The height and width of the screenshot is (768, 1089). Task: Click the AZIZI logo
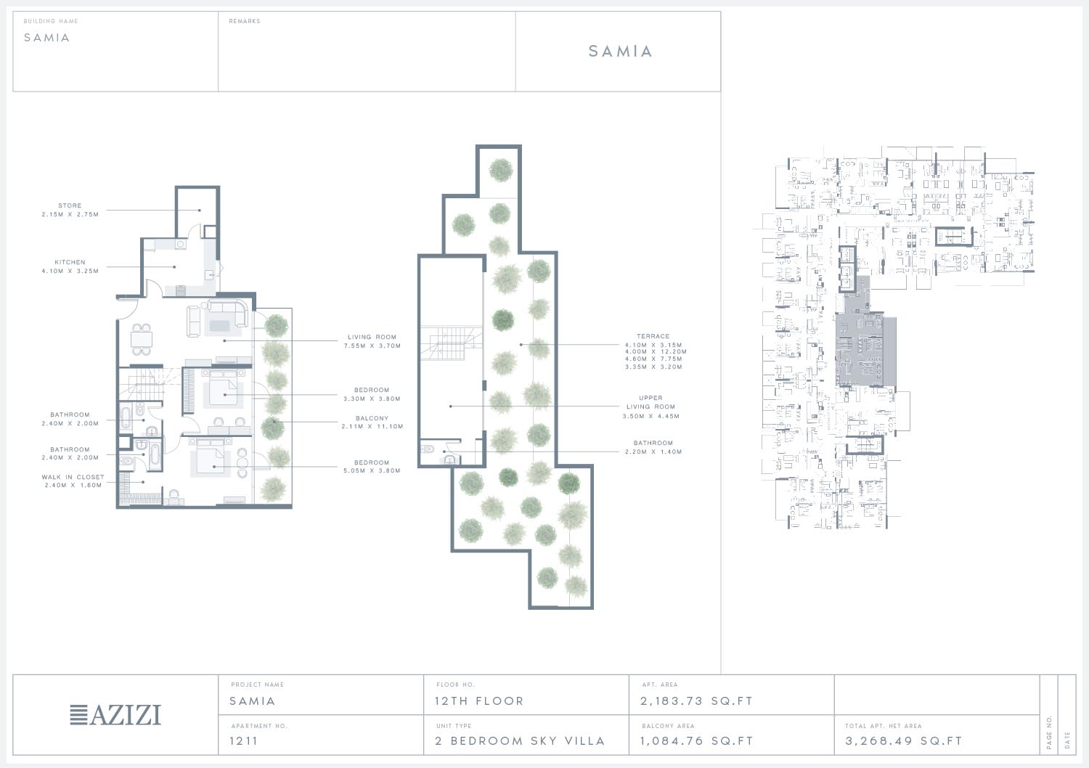tap(115, 714)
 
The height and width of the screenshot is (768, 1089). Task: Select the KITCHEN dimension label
tap(70, 271)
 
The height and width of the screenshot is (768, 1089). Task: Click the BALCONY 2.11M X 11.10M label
tap(372, 422)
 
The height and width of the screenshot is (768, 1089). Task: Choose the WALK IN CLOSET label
tap(73, 481)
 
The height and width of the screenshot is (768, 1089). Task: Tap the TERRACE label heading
tap(653, 336)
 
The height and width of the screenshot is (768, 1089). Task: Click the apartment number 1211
tap(243, 741)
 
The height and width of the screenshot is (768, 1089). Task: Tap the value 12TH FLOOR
tap(479, 701)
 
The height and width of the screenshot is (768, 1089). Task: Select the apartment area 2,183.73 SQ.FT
tap(696, 701)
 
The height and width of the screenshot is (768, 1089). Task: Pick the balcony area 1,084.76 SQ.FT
tap(696, 741)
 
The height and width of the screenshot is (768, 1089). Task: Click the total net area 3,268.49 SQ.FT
tap(903, 741)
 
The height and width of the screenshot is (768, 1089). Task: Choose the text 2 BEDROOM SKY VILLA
tap(520, 741)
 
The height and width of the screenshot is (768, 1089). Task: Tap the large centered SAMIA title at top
tap(620, 51)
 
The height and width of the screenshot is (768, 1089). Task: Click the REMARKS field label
tap(245, 21)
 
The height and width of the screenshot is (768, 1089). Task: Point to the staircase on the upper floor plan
tap(451, 343)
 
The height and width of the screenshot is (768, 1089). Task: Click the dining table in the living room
tap(142, 339)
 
